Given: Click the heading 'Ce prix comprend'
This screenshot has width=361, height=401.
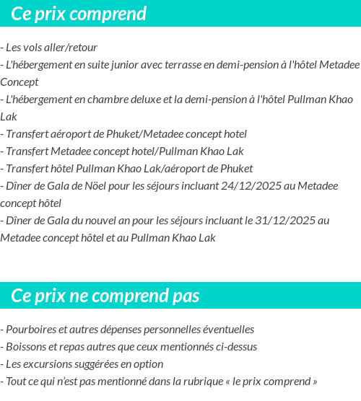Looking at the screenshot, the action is tap(79, 14).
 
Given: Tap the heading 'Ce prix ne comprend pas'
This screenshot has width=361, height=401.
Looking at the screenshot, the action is tap(105, 296).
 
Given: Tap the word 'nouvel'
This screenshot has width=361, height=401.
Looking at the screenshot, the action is tap(110, 220).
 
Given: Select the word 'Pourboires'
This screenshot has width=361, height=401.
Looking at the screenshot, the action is tap(30, 329).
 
